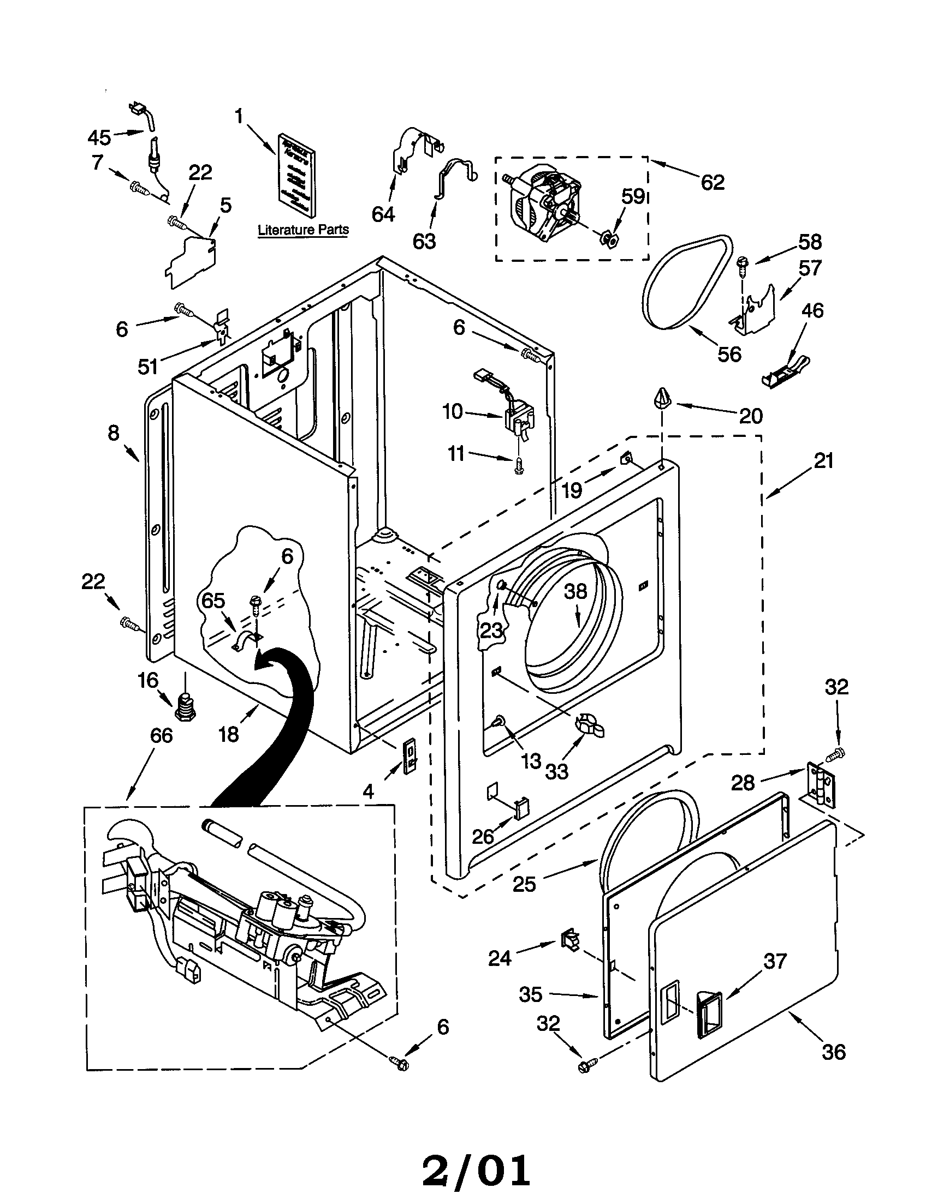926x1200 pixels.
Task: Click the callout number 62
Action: pos(712,182)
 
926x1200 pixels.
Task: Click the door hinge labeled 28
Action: pos(820,784)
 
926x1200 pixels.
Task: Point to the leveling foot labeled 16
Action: pos(185,707)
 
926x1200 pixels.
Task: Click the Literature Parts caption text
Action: pos(303,230)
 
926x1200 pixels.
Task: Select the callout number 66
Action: pos(161,735)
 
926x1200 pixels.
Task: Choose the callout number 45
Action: pos(99,137)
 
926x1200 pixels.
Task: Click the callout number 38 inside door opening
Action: pos(575,591)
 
